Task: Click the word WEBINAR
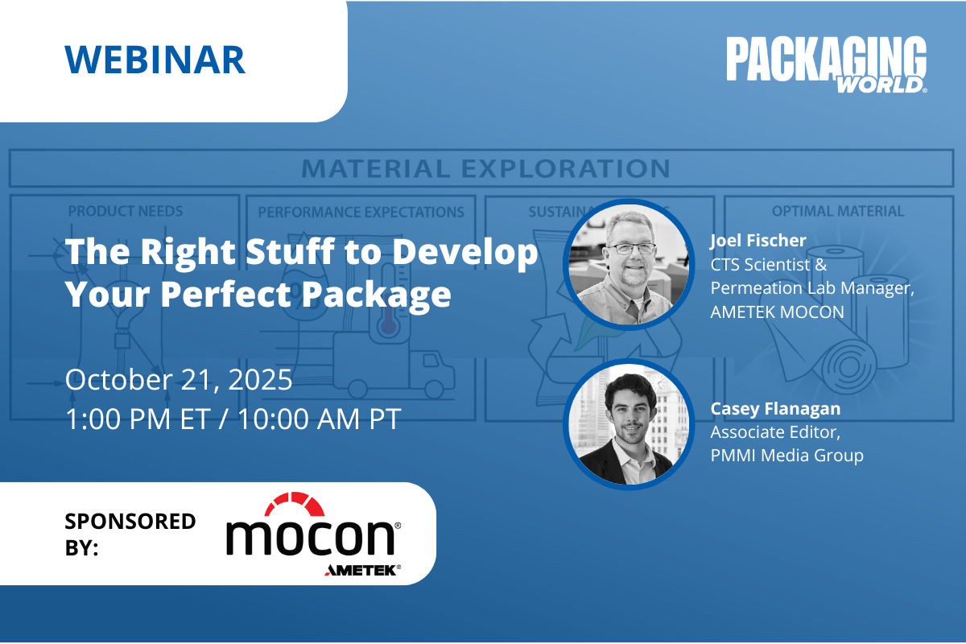[155, 60]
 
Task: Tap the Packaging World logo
[826, 64]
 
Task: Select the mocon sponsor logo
[313, 535]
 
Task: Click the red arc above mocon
[295, 502]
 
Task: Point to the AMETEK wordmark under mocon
[363, 570]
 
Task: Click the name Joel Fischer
[758, 241]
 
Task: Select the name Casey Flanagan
[775, 408]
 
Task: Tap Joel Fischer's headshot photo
[629, 264]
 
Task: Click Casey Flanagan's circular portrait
[629, 424]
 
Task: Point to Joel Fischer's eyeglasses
[632, 248]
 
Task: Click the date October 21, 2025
[179, 380]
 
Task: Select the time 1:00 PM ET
[138, 419]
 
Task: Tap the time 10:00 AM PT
[320, 419]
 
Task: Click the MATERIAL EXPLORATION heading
[486, 168]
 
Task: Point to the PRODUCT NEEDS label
[126, 211]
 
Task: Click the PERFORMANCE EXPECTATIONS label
[361, 212]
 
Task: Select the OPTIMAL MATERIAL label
[838, 211]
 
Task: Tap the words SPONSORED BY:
[130, 535]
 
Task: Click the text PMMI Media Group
[787, 456]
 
